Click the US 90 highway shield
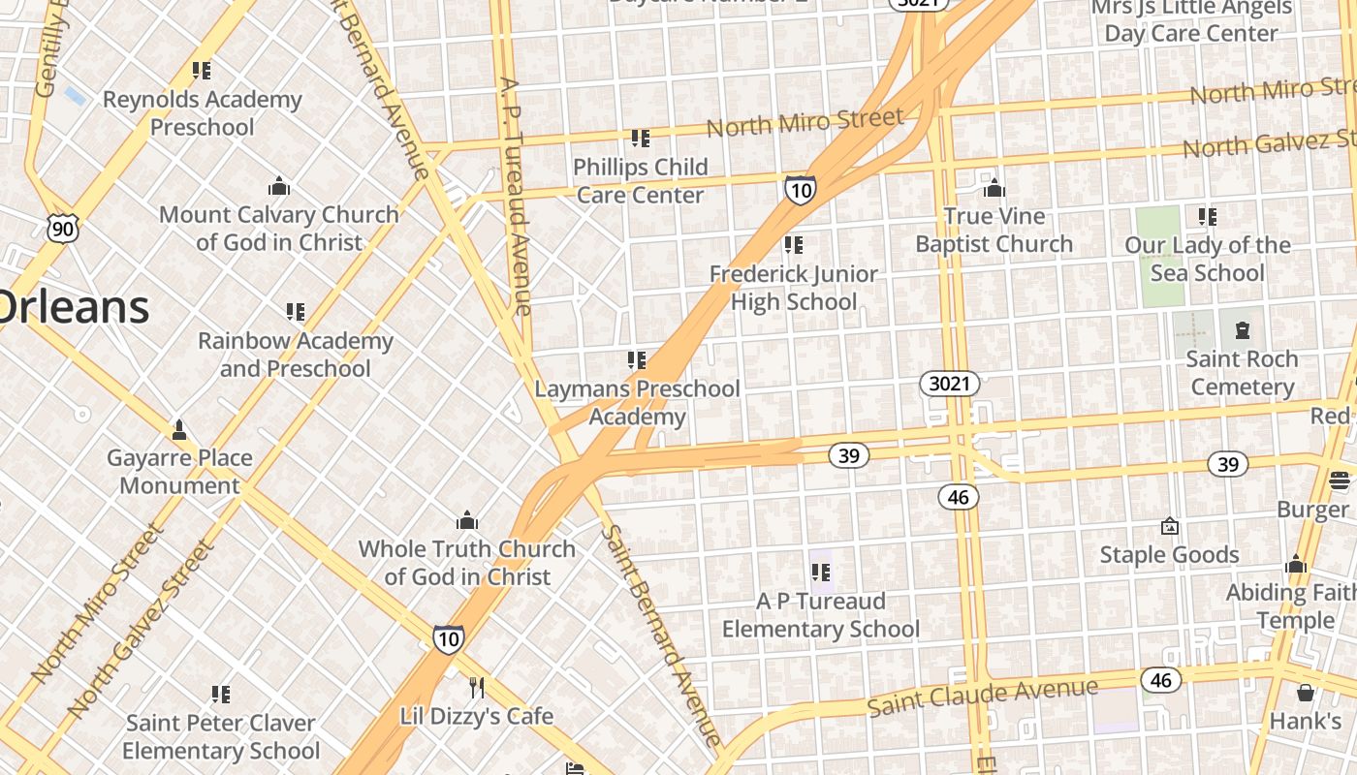63,229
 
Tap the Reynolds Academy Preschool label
202,113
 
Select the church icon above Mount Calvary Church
279,186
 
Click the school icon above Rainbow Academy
296,312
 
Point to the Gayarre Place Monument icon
178,429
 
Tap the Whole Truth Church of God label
466,563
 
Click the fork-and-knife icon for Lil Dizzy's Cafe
476,688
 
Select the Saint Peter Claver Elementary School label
221,737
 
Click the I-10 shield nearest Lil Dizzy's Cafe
448,638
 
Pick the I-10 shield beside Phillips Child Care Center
800,190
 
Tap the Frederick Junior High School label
793,288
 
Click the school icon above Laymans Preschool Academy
637,360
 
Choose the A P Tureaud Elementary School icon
821,572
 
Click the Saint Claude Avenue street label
982,697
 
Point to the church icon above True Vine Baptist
994,188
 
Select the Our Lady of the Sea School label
1207,259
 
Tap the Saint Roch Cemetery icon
1242,330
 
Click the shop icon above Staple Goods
1170,526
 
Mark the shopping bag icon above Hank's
1306,693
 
